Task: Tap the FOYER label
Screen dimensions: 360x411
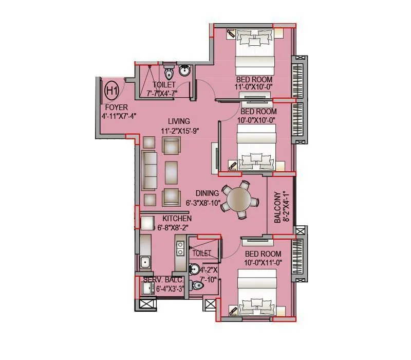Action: pos(116,107)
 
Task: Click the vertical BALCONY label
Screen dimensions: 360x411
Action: pos(277,207)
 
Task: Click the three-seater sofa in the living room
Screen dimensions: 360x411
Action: pos(151,170)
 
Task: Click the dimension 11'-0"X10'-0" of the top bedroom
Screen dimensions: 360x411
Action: pos(253,87)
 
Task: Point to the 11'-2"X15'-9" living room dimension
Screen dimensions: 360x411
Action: pos(179,131)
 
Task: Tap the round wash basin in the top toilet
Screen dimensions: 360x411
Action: pos(184,70)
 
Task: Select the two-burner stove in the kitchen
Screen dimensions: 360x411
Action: pos(180,248)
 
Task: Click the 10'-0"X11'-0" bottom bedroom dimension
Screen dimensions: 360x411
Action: pos(263,263)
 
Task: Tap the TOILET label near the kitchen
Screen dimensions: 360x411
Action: pos(201,254)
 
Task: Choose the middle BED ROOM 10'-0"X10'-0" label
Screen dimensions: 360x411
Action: pos(258,116)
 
